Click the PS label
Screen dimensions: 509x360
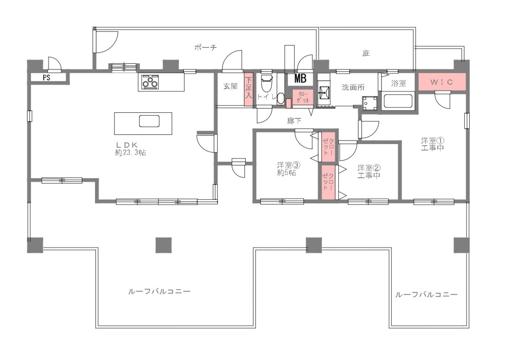47,78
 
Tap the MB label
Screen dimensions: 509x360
301,78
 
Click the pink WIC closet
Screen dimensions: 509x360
442,82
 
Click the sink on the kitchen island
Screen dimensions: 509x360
149,121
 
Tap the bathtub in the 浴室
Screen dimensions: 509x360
398,101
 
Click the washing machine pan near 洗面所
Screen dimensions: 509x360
370,104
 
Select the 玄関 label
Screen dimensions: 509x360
230,86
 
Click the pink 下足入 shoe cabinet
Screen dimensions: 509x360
249,89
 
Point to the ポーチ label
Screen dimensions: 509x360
205,47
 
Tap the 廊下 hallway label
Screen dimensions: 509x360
294,121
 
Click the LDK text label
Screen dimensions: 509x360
127,145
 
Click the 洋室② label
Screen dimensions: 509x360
369,168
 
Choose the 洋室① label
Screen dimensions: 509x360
433,140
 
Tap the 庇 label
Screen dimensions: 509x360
366,53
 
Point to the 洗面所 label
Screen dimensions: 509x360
353,88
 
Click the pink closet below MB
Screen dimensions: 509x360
303,97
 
